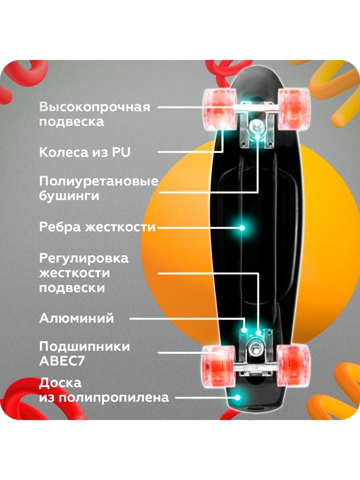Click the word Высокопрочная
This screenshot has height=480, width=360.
pos(94,107)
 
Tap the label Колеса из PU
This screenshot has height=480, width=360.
pos(85,152)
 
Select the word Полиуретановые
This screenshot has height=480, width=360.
pos(98,182)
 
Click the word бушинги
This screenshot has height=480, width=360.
pos(69,196)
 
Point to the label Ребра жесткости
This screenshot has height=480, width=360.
pos(97,227)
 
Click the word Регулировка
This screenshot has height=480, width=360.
pos(84,258)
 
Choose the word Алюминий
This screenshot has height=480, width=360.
pos(76,318)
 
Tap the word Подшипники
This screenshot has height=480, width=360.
pos(84,346)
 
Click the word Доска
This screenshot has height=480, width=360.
pos(60,383)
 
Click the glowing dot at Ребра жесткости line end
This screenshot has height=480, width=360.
pos(242,228)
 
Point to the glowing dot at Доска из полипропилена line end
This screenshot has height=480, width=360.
pos(238,398)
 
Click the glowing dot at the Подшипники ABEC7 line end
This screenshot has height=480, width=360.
pos(220,353)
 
